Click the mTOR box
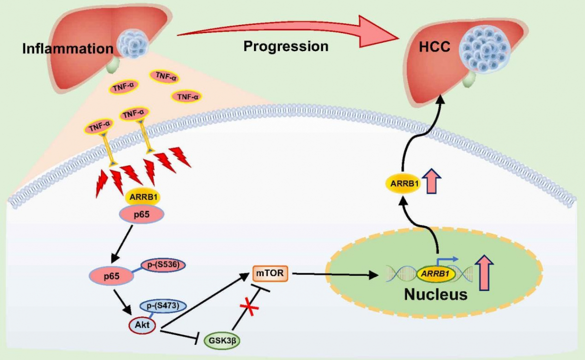(270, 273)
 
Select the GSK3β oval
(222, 341)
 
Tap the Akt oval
(142, 325)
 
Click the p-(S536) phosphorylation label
(163, 265)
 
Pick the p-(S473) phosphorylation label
(163, 306)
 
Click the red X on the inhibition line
(250, 307)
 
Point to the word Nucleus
(435, 294)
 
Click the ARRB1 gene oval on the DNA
(435, 274)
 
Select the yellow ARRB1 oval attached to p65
(143, 197)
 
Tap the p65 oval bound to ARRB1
(141, 214)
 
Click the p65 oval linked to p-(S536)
(112, 276)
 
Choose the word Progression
(286, 46)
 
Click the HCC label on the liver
(434, 47)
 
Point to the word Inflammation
(68, 49)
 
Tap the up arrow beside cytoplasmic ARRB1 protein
(431, 181)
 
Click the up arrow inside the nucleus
(484, 272)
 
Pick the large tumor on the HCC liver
(485, 49)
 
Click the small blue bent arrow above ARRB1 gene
(447, 261)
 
